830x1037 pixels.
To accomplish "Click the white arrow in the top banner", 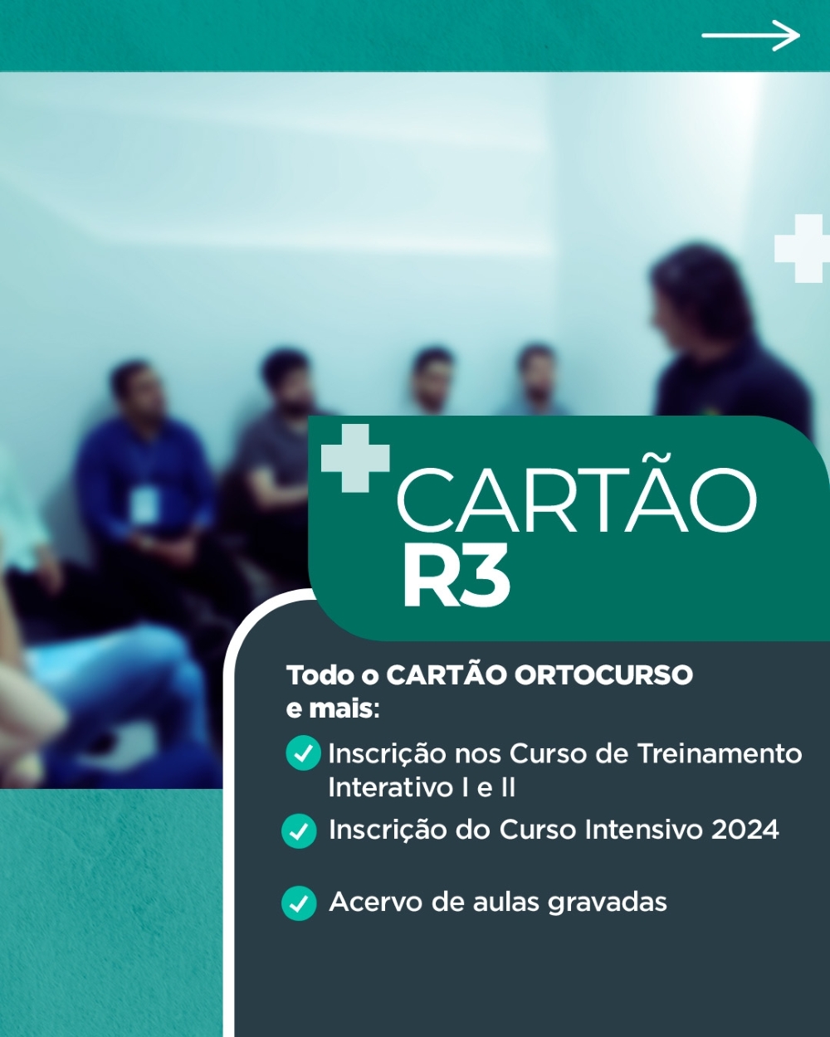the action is [x=750, y=35].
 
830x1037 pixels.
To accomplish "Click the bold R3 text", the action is [x=456, y=575].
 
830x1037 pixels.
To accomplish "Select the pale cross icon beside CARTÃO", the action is [x=355, y=458].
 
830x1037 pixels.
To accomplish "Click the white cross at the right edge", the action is [x=802, y=248].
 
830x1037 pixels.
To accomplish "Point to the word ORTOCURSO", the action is [x=603, y=675].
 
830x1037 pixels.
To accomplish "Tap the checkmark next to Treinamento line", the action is [x=303, y=752].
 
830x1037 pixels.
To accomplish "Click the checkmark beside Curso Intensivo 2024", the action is [x=299, y=830].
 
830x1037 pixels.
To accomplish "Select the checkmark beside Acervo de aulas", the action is [x=299, y=903].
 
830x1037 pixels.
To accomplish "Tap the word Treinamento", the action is [x=720, y=753].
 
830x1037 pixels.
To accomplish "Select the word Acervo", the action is [x=375, y=902].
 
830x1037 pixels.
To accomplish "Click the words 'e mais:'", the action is [x=333, y=708].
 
